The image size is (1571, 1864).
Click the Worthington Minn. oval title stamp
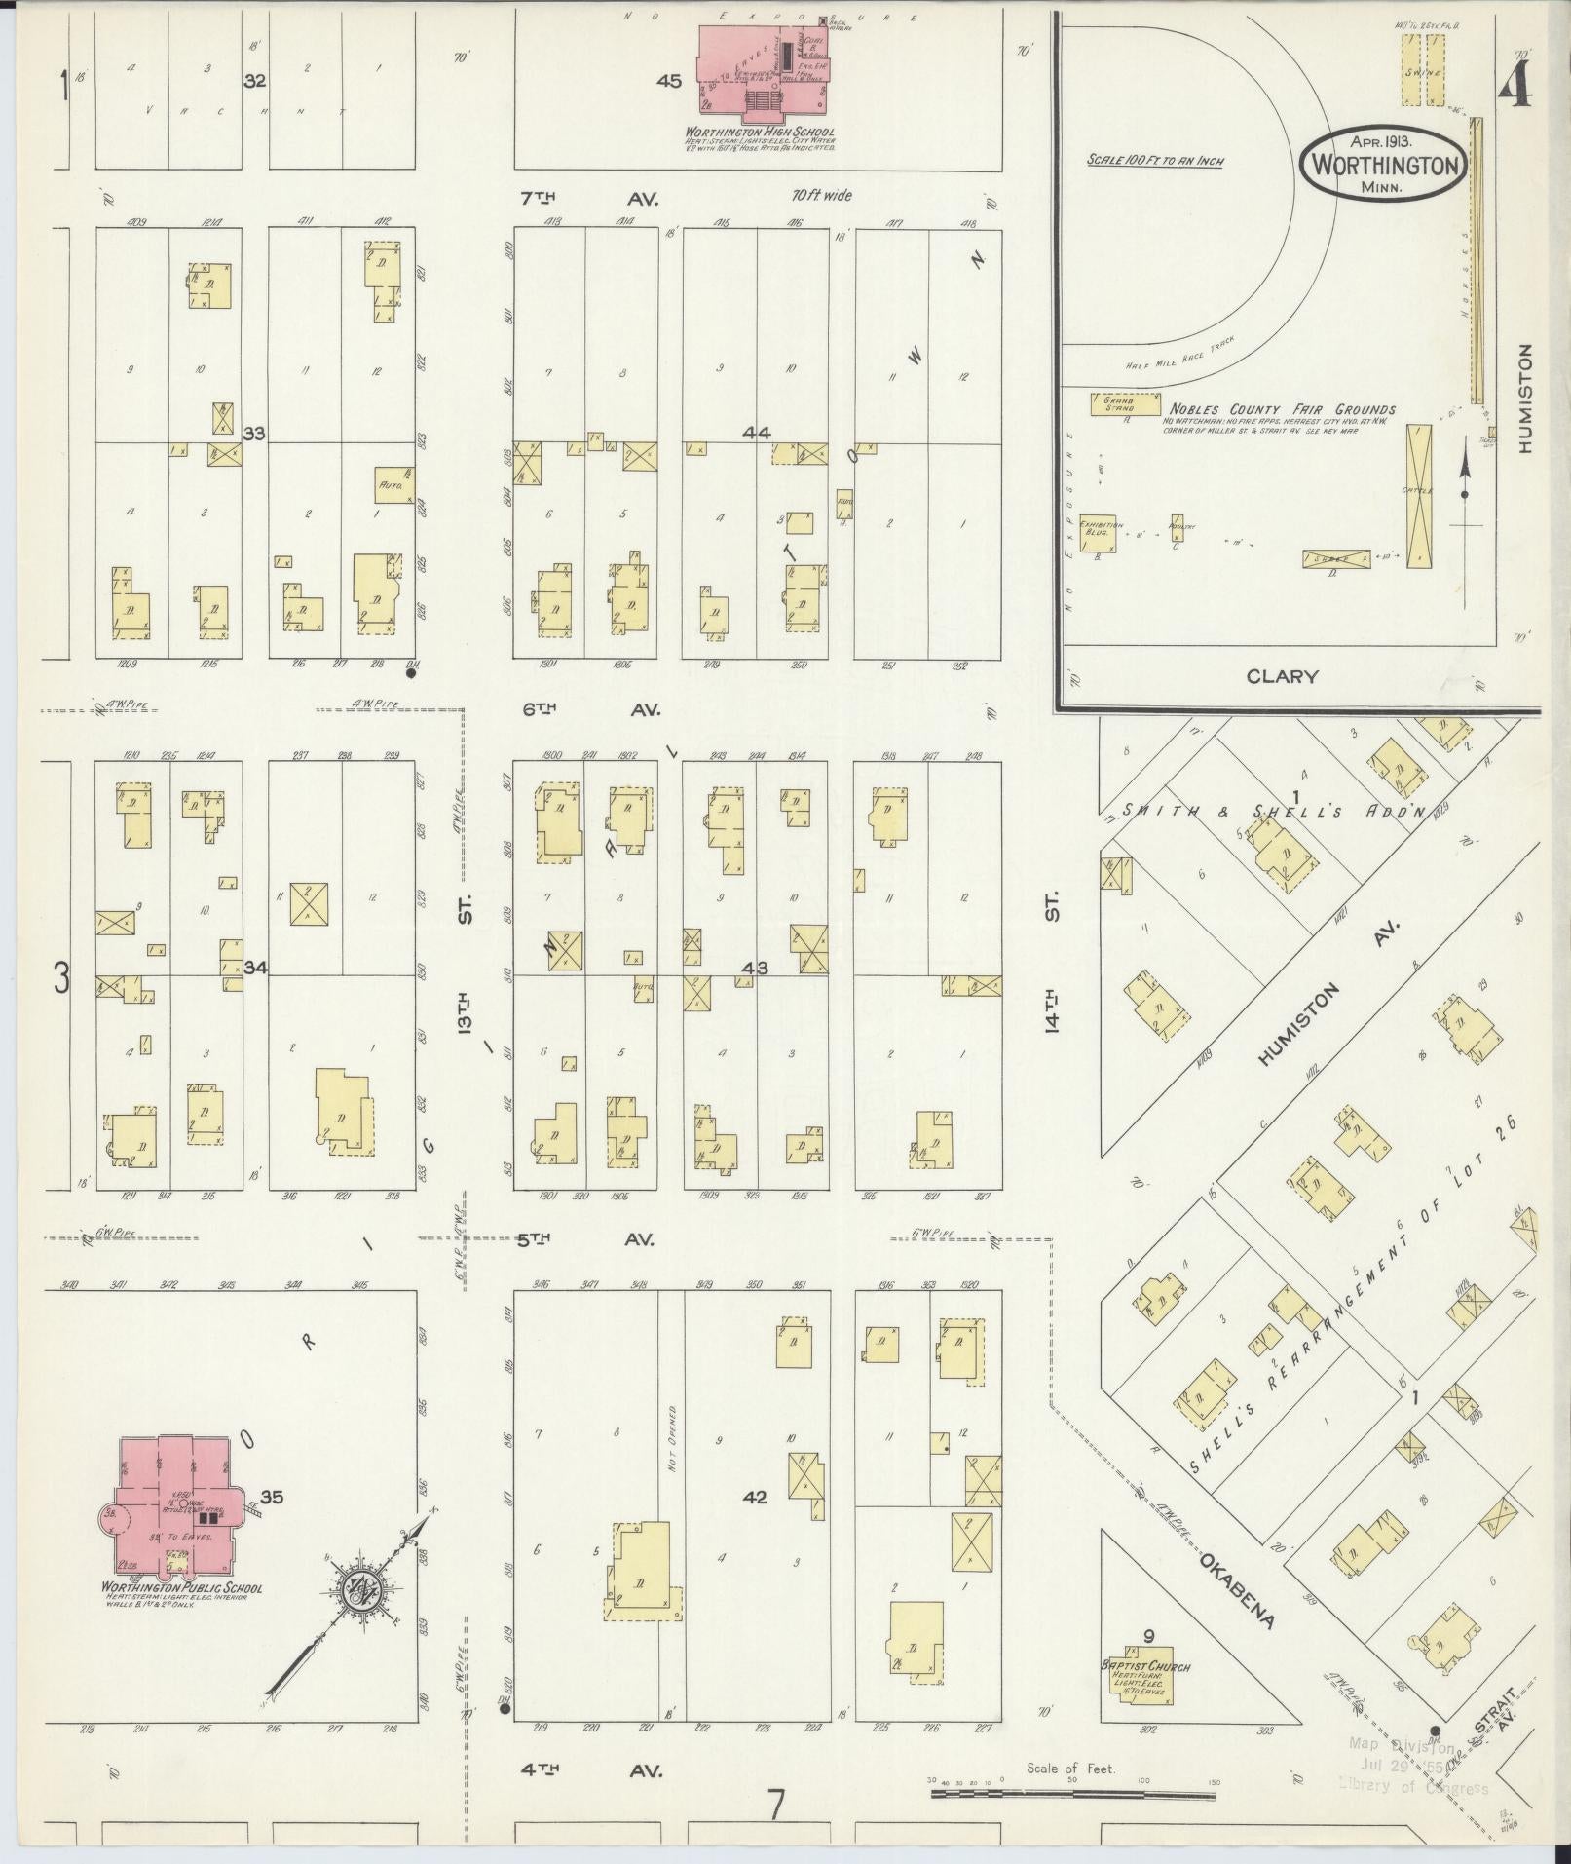point(1383,166)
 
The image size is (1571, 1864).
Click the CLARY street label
point(1282,676)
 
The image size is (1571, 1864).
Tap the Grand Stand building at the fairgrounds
point(1127,402)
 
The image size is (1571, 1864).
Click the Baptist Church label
point(1145,1666)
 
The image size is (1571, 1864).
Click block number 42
point(755,1498)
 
